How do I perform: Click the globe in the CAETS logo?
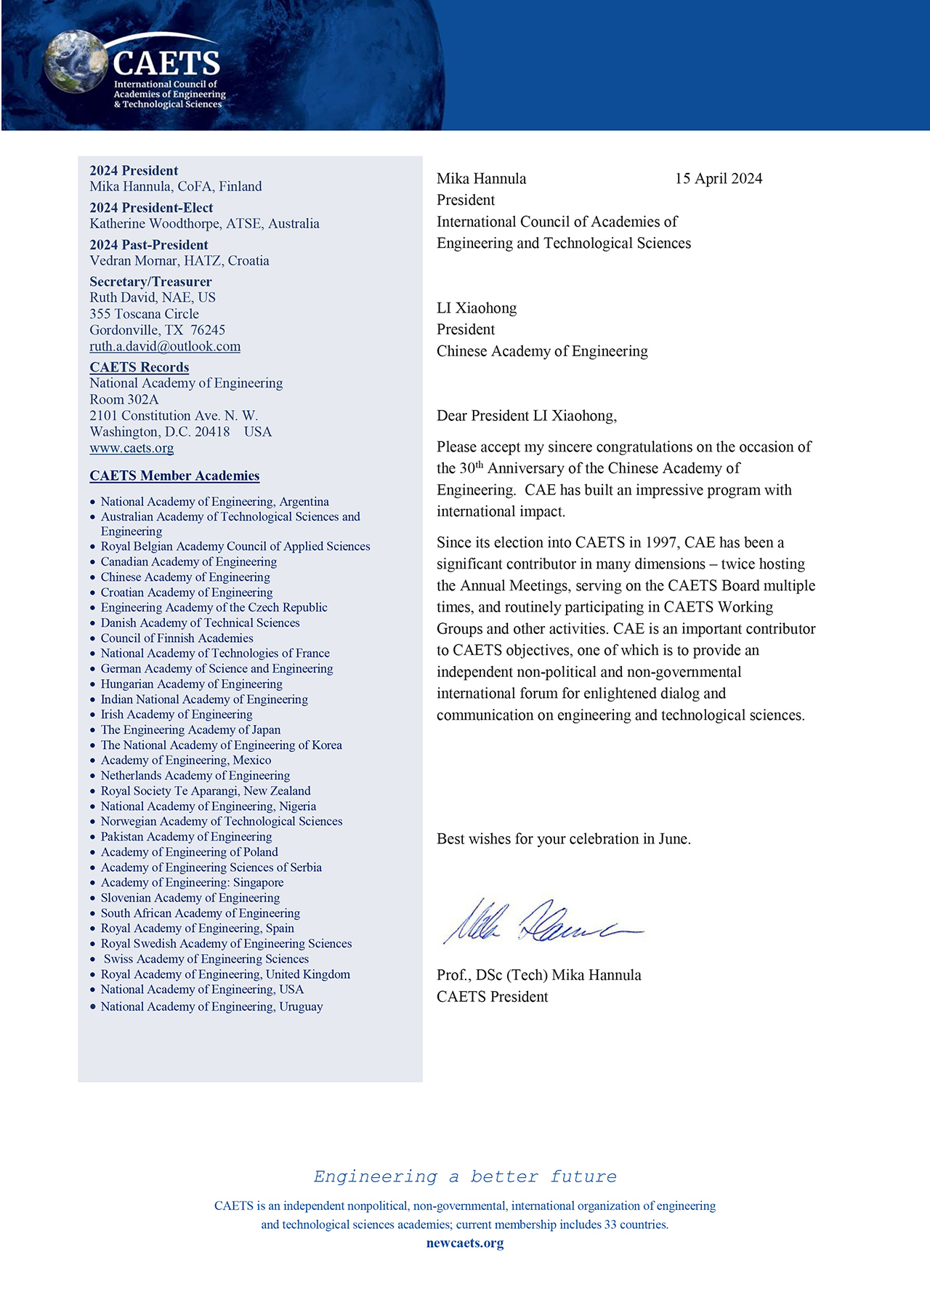point(75,61)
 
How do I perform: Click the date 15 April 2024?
point(718,179)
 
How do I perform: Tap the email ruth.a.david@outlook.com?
point(165,346)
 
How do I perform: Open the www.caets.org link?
point(132,448)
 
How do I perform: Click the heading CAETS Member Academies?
point(174,476)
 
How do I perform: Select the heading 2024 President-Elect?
point(151,208)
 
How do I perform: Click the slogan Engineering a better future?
point(465,1176)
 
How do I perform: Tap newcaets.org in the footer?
point(465,1243)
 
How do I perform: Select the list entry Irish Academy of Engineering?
point(177,714)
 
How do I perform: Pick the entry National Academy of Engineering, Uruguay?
point(211,1006)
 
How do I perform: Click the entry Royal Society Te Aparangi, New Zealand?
point(206,790)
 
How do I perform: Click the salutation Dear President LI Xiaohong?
point(526,416)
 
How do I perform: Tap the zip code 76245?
point(208,330)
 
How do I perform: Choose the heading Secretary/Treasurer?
point(150,281)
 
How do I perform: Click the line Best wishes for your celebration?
point(563,839)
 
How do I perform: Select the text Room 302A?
point(124,399)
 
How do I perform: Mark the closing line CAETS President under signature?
point(492,997)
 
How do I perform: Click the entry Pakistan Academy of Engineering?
point(186,836)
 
